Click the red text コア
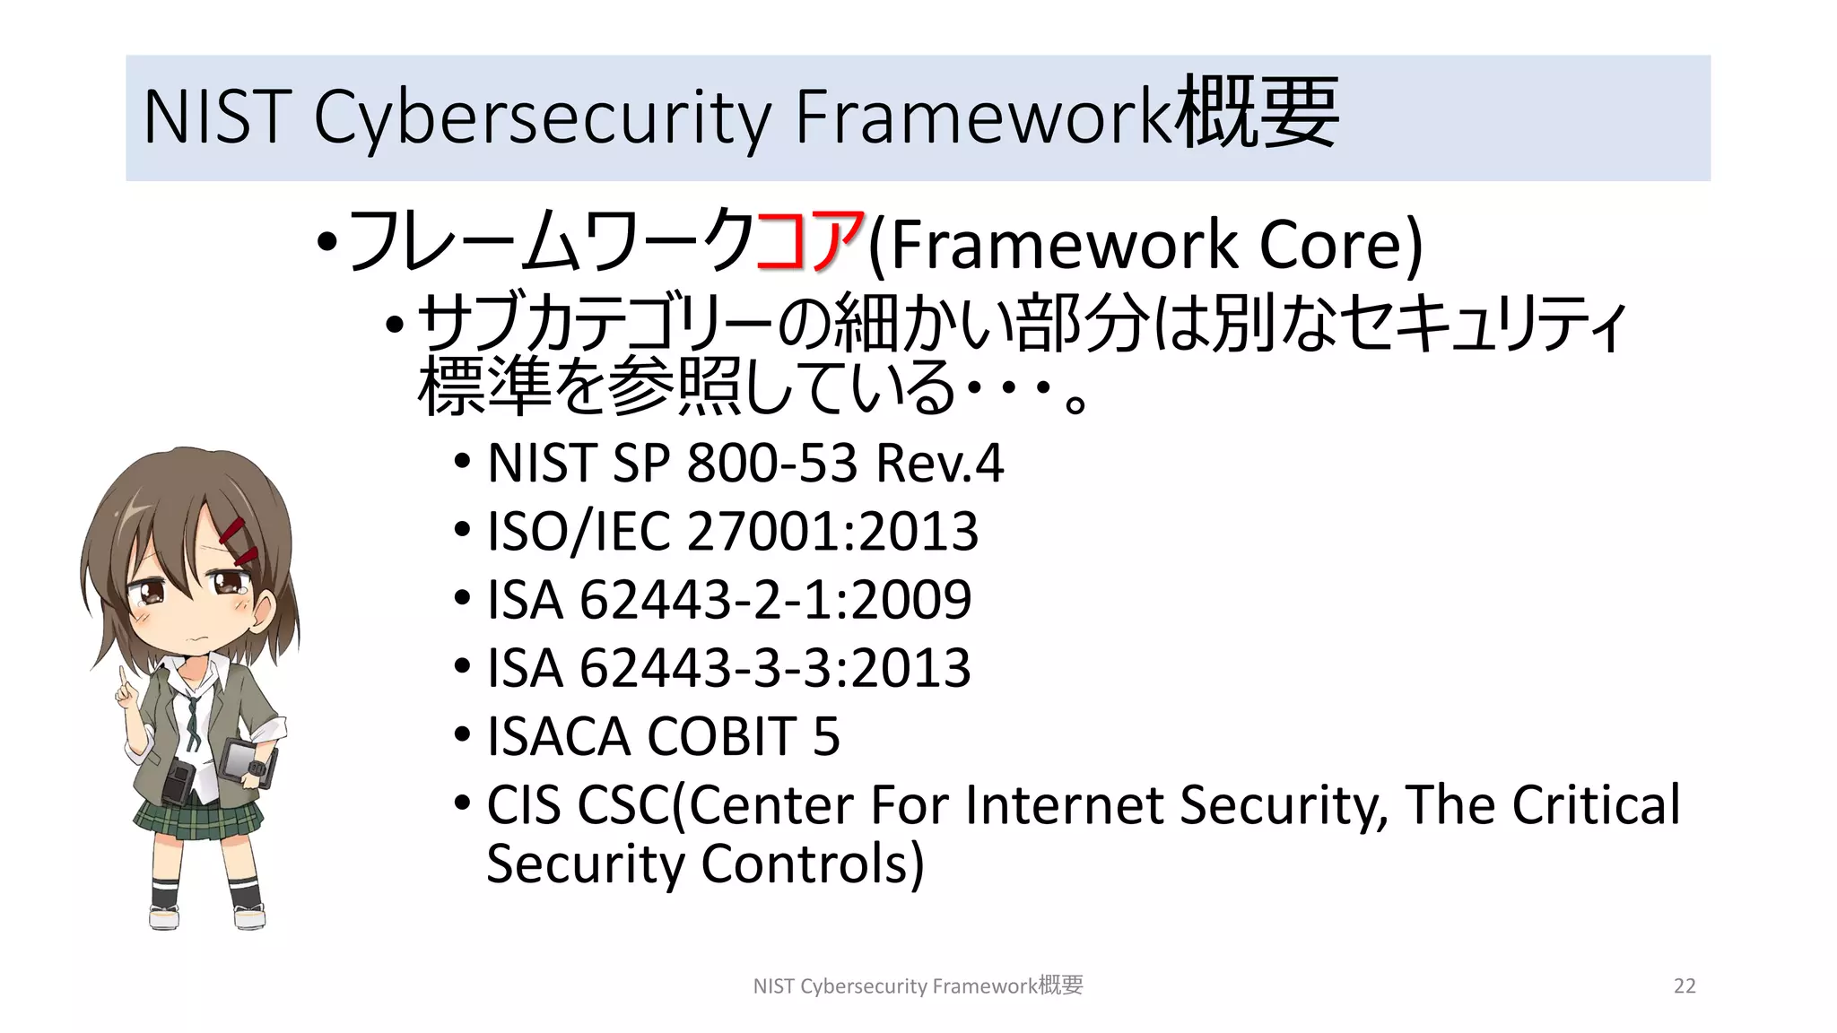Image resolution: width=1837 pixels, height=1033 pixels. coord(810,242)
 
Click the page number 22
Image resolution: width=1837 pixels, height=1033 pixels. coord(1685,986)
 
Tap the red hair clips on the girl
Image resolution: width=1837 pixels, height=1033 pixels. coord(239,542)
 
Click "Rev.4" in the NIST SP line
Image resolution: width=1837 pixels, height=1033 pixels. coord(938,463)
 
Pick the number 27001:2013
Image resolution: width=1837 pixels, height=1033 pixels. coord(831,531)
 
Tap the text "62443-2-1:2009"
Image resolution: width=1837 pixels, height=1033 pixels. coord(775,599)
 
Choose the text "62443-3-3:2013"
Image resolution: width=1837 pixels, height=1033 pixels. coord(775,668)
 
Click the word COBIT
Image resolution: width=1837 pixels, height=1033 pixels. coord(721,736)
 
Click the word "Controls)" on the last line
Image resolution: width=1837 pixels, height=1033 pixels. coord(812,864)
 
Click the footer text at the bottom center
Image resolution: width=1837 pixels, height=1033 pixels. coord(918,986)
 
